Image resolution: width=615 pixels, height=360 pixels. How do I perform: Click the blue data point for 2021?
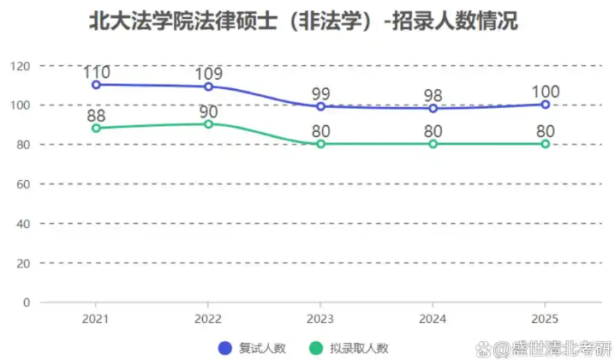coord(97,85)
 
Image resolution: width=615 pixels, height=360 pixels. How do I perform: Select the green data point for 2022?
coord(209,124)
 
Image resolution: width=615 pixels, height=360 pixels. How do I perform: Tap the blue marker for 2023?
coord(320,106)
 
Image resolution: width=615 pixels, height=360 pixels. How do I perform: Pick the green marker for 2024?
coord(433,144)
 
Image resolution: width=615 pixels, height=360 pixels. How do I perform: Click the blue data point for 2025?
coord(545,105)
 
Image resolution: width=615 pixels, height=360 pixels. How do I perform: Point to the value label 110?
coord(97,72)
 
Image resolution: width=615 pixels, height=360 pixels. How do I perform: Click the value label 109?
coord(209,74)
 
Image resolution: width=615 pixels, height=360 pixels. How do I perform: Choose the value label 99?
coord(320,93)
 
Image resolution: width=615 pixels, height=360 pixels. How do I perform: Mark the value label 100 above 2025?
coord(545,92)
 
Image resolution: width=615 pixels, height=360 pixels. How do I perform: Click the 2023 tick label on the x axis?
coord(320,318)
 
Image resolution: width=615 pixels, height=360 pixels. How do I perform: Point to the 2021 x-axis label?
coord(97,318)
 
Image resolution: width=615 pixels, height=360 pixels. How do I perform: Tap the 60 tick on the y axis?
coord(23,184)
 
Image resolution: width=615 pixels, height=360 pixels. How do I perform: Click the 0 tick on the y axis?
coord(27,303)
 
